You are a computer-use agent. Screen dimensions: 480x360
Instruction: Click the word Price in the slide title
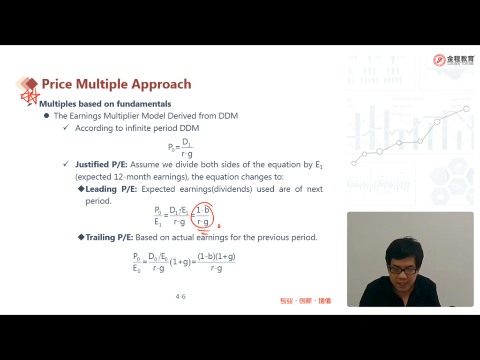tap(57, 84)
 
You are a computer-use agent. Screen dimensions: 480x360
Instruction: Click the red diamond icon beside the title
tap(31, 83)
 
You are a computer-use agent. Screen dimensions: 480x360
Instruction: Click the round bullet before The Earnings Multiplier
tap(46, 116)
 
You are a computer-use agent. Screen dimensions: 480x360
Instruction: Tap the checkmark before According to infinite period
tap(66, 127)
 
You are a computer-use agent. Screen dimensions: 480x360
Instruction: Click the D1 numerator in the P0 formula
tap(187, 142)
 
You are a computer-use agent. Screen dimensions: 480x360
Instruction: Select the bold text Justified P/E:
tap(101, 165)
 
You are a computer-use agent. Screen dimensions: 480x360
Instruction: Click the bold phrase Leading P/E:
tap(111, 189)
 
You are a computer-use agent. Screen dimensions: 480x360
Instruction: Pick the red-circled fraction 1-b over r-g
tap(202, 216)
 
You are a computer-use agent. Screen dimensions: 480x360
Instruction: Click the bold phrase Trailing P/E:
tap(109, 238)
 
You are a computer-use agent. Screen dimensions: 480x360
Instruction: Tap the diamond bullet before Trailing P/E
tap(81, 237)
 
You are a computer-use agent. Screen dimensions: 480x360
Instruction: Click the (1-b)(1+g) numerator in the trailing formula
tap(217, 256)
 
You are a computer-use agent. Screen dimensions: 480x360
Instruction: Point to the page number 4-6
tap(180, 296)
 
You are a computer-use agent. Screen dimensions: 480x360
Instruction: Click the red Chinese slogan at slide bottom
tap(306, 300)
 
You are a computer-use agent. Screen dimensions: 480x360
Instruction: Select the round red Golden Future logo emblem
tap(439, 60)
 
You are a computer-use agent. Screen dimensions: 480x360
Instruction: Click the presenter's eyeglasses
tap(403, 271)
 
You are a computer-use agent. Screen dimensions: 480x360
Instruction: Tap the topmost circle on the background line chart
tap(466, 109)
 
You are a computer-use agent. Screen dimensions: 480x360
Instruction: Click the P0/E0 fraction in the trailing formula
tap(137, 262)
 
